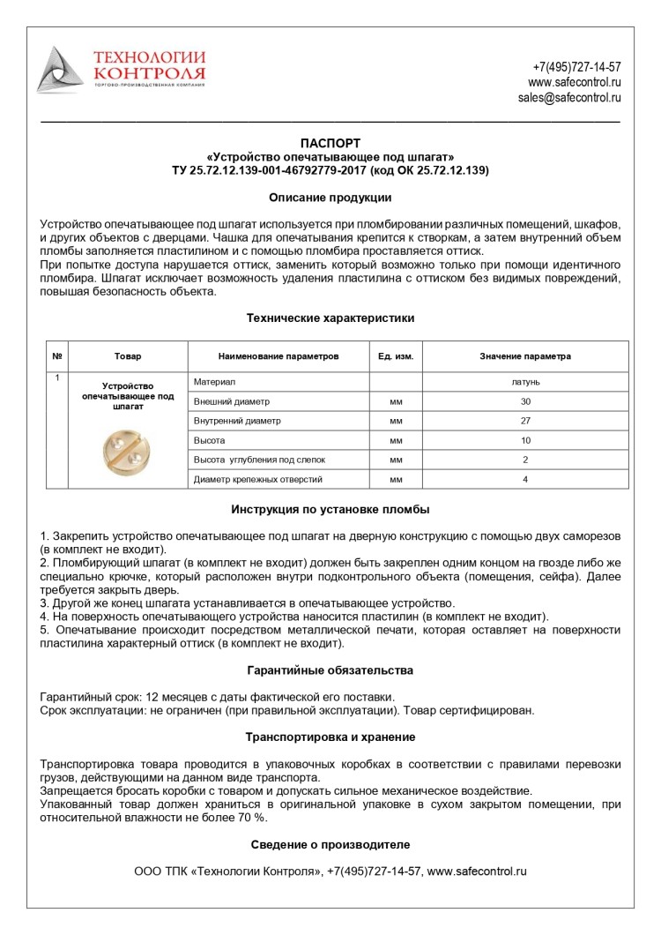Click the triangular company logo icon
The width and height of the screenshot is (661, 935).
[60, 71]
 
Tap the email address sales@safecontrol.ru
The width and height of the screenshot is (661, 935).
[569, 98]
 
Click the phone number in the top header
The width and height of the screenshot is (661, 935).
[576, 67]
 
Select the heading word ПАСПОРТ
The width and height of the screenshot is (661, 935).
[330, 143]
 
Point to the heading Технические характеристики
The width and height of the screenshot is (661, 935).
[330, 318]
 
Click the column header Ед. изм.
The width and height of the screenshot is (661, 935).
[396, 356]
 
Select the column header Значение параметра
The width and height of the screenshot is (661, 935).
[525, 356]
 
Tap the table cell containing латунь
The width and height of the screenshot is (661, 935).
[525, 382]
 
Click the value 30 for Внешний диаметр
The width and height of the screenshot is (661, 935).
[525, 401]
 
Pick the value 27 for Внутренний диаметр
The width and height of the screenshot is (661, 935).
[525, 421]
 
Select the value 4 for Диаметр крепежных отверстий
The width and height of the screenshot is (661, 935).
[525, 479]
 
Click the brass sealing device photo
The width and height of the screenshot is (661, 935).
[128, 449]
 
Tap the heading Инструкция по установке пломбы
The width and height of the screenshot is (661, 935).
[330, 510]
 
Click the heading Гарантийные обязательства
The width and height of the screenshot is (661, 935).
[330, 670]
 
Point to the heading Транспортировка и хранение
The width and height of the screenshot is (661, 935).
[330, 737]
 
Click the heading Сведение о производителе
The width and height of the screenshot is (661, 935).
[330, 844]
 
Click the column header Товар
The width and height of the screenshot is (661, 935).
[128, 356]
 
